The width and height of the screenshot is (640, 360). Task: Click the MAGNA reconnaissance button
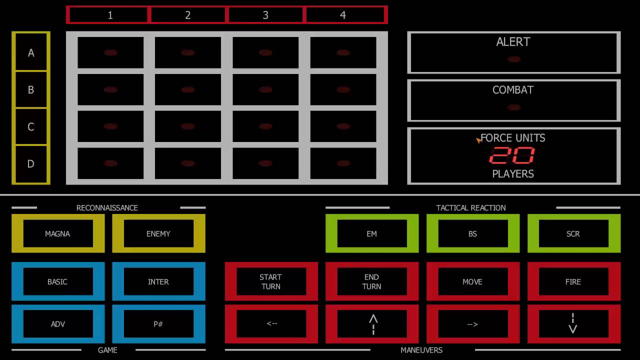click(57, 233)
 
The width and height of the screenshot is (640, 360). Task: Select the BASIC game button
click(57, 281)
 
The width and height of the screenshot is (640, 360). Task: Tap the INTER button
click(158, 281)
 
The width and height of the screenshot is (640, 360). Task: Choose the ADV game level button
click(57, 324)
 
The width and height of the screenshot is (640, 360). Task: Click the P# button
click(158, 324)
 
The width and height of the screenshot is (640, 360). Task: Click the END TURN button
click(371, 281)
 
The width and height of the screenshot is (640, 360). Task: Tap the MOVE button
click(472, 281)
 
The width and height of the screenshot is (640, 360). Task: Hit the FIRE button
click(573, 281)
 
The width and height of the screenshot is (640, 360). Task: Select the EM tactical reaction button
click(371, 233)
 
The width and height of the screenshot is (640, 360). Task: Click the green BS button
click(472, 233)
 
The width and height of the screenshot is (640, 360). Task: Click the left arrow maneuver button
click(271, 324)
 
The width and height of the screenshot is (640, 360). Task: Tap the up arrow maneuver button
click(371, 324)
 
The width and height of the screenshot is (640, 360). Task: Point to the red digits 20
click(512, 156)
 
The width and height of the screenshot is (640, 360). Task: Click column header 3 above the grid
click(265, 15)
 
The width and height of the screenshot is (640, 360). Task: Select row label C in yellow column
click(31, 127)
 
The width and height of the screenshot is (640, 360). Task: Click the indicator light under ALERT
click(513, 59)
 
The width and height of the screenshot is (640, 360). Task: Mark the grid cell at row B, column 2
click(188, 90)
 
